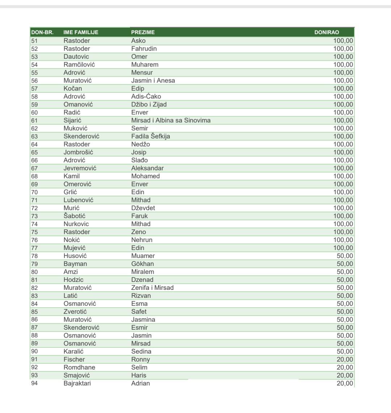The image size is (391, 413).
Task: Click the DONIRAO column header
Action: (x=327, y=32)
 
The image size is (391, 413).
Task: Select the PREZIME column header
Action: (x=143, y=32)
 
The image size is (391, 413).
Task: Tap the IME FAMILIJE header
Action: (x=81, y=32)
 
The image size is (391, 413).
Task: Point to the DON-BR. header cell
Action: (x=42, y=32)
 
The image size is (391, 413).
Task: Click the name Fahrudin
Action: (x=144, y=49)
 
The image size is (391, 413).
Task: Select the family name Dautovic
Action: (x=76, y=57)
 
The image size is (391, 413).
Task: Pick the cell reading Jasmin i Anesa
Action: (x=153, y=80)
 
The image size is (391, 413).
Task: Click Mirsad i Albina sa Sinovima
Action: (x=171, y=120)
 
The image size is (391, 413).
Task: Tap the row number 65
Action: (x=34, y=152)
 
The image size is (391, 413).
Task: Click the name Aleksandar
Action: (x=147, y=168)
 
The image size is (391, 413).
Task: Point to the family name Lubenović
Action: (x=78, y=200)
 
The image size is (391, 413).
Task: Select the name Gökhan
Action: (x=142, y=264)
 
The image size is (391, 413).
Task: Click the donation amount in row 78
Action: (x=345, y=256)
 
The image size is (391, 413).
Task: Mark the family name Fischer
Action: (x=74, y=359)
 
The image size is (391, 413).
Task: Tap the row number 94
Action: (x=34, y=383)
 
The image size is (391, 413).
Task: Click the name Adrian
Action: (x=140, y=383)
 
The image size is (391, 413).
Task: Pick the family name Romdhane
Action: (x=79, y=367)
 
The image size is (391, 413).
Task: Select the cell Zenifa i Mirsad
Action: (x=152, y=288)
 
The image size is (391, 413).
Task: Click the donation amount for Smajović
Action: (x=345, y=375)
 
